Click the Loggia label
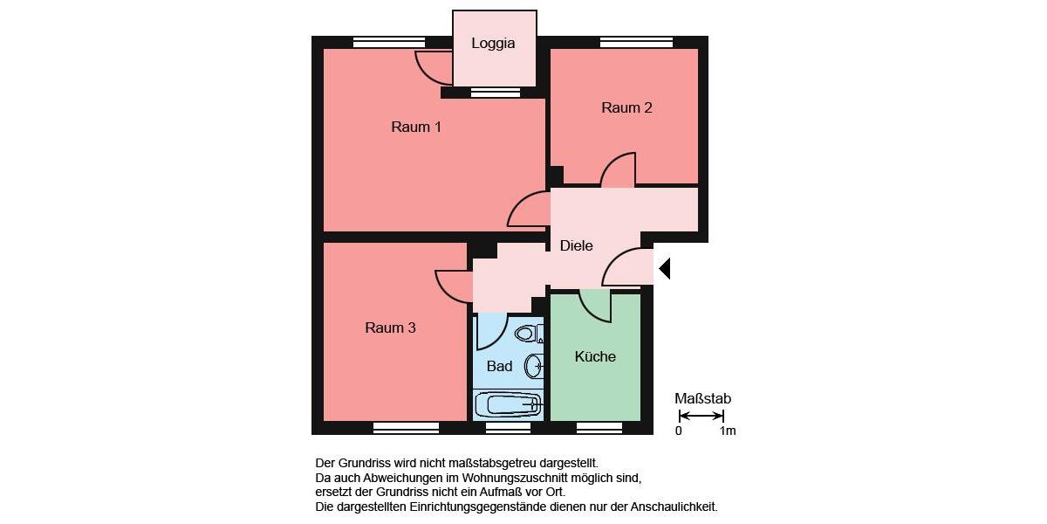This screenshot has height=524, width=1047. (493, 43)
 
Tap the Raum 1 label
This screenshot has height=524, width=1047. (416, 127)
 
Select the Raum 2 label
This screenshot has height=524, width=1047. (626, 107)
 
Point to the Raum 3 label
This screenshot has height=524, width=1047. (390, 327)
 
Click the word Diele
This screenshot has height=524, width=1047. (576, 245)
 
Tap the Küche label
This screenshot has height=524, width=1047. (595, 356)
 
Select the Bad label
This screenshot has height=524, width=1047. (499, 366)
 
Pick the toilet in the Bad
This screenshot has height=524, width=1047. (526, 333)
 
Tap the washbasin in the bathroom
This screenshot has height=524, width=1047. (532, 365)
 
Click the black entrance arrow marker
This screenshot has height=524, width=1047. (664, 268)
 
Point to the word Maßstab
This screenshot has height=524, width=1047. (702, 398)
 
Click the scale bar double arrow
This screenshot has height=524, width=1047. (701, 416)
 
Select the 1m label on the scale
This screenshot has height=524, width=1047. (727, 431)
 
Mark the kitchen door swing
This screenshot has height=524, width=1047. (597, 306)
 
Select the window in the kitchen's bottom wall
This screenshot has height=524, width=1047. (599, 428)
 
